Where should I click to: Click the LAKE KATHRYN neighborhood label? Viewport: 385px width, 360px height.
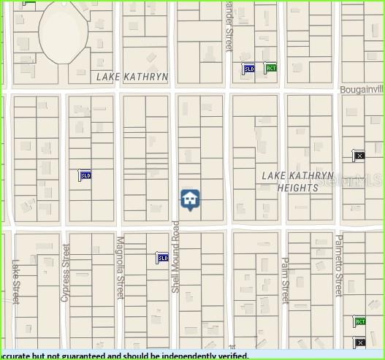pyautogui.click(x=132, y=77)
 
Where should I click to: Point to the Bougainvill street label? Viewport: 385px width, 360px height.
pyautogui.click(x=362, y=89)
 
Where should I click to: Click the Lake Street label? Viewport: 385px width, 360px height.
pyautogui.click(x=15, y=281)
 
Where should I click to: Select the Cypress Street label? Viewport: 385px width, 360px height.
pyautogui.click(x=66, y=272)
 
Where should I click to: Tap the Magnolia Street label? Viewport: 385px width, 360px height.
pyautogui.click(x=120, y=267)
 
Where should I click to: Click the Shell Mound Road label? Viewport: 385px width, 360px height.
pyautogui.click(x=175, y=256)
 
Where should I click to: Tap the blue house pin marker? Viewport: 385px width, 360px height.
pyautogui.click(x=190, y=199)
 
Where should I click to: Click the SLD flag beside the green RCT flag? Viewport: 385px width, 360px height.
pyautogui.click(x=248, y=69)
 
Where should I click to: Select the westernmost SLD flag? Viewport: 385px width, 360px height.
pyautogui.click(x=85, y=175)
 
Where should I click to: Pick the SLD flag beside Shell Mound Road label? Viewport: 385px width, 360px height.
pyautogui.click(x=162, y=258)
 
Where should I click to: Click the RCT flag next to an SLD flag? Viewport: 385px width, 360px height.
pyautogui.click(x=270, y=68)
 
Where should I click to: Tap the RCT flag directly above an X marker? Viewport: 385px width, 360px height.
pyautogui.click(x=359, y=321)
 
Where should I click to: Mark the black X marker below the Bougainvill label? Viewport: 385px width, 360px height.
pyautogui.click(x=359, y=156)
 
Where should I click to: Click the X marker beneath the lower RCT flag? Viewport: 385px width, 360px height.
pyautogui.click(x=359, y=342)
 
